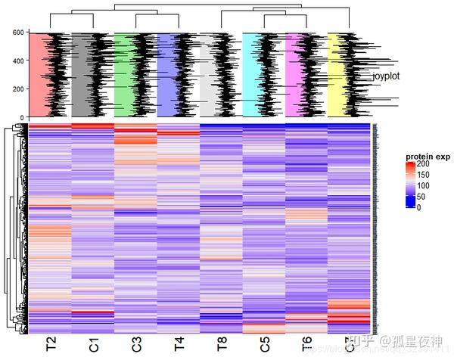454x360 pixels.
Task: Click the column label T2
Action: coord(51,345)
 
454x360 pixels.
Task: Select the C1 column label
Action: coord(94,345)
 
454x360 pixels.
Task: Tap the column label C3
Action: coord(136,345)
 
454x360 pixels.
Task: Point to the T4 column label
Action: coord(179,345)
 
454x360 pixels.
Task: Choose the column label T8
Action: coord(221,345)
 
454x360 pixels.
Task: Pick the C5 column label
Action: coord(263,345)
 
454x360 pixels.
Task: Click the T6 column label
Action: coord(306,345)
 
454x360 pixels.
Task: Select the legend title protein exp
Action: coord(428,157)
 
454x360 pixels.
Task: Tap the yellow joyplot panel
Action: coord(338,75)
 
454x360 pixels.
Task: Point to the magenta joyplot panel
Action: coord(296,75)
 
